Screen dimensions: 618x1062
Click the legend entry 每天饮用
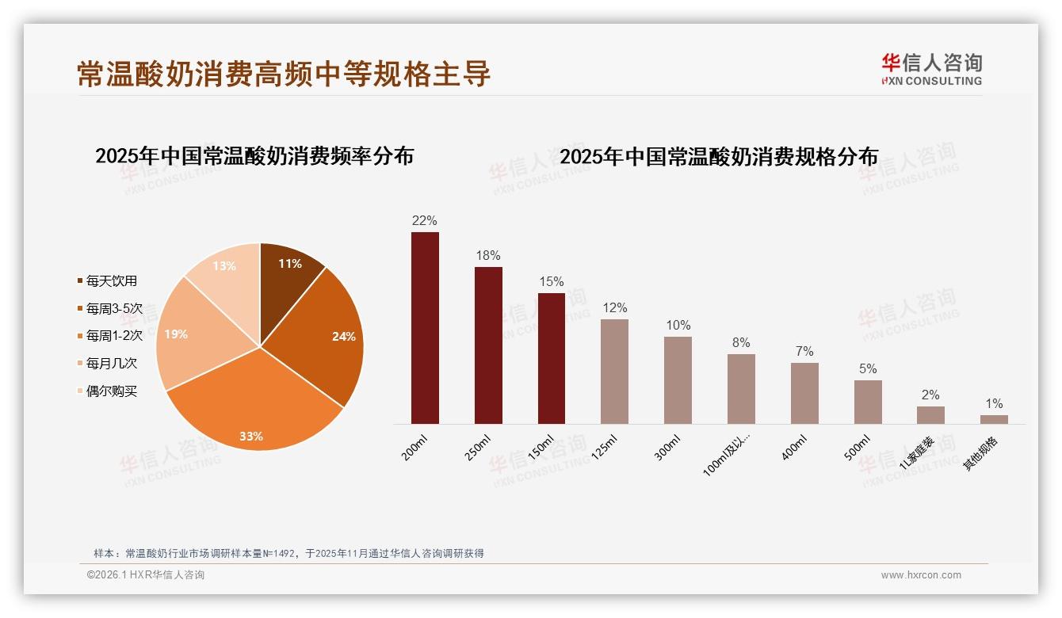[x=111, y=280]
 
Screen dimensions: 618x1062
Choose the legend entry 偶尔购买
[x=111, y=391]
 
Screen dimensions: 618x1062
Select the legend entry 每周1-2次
[x=113, y=335]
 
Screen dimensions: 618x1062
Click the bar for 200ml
[x=425, y=328]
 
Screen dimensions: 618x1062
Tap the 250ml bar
[x=488, y=345]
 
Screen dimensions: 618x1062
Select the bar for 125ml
[x=614, y=372]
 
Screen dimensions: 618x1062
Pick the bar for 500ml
[x=868, y=402]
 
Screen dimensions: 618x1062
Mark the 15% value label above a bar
[x=551, y=281]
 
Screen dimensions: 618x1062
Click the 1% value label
[x=994, y=403]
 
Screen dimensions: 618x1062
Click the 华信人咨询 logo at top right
[x=931, y=68]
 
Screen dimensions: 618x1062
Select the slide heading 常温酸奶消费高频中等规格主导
[x=284, y=73]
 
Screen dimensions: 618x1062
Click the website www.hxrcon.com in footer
[x=921, y=575]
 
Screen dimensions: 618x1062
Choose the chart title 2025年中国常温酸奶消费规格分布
[x=719, y=156]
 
